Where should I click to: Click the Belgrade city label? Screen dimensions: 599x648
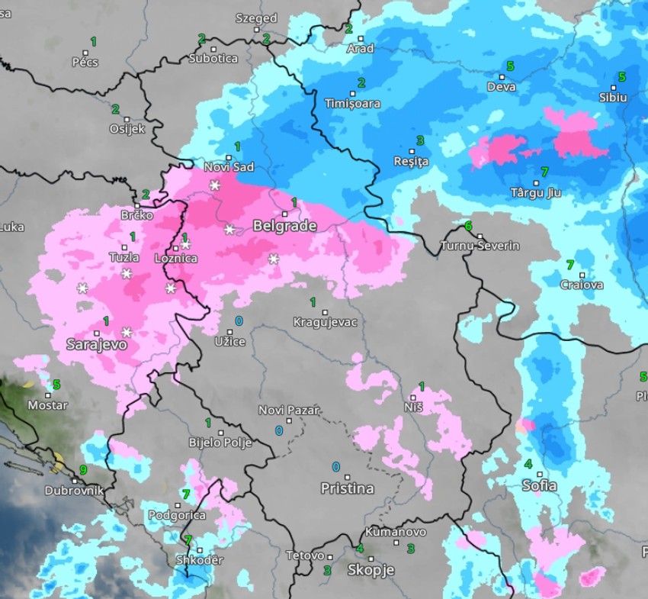coord(284,226)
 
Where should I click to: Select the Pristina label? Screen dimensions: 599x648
coord(347,488)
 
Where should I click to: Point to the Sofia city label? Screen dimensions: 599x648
coord(539,485)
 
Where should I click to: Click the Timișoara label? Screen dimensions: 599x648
coord(352,103)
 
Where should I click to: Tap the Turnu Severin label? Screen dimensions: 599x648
coord(480,246)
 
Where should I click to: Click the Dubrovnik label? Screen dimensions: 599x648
coord(74,491)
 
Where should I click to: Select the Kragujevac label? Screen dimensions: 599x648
coord(325,322)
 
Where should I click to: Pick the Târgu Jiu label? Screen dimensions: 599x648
coord(535,192)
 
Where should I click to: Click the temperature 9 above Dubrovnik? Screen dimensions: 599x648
coord(83,470)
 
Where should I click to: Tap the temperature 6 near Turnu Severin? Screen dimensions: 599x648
coord(468,226)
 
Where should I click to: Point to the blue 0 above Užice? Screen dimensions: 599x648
coord(239,320)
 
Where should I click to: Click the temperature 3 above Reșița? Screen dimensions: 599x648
coord(419,140)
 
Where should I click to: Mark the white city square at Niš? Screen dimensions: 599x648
coord(413,398)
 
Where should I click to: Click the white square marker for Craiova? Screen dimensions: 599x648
coord(582,275)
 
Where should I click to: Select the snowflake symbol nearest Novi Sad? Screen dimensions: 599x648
coord(215,185)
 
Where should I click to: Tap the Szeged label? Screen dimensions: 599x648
coord(256,18)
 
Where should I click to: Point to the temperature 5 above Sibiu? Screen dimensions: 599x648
coord(621,77)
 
